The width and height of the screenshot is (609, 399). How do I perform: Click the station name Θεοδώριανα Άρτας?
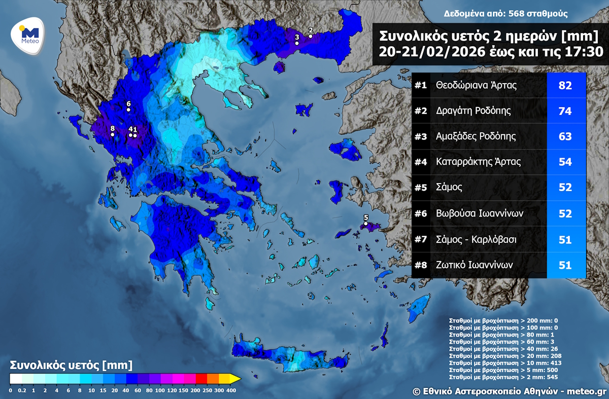click(476, 85)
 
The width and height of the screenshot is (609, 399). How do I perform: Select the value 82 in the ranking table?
click(565, 85)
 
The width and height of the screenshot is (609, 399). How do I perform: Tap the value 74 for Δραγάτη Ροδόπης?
click(565, 111)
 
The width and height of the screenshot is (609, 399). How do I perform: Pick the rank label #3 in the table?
click(420, 136)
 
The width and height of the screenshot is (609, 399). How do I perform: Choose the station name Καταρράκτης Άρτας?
click(478, 162)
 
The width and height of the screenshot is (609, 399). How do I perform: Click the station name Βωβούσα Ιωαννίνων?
click(479, 213)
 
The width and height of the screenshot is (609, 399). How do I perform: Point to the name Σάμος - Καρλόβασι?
click(476, 239)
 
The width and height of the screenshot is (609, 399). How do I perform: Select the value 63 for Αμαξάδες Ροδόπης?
click(565, 136)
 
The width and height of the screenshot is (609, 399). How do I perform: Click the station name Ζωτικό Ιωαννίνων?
click(475, 265)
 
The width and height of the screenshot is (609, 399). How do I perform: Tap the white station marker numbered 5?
click(365, 223)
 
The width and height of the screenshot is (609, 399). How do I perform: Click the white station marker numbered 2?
click(311, 35)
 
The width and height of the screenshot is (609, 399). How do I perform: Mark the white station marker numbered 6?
click(128, 110)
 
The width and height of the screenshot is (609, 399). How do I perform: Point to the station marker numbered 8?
click(112, 134)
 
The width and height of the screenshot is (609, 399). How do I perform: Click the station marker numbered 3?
click(297, 43)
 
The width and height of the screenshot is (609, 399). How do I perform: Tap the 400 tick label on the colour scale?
click(231, 390)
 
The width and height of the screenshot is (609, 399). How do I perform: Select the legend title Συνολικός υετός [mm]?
click(71, 365)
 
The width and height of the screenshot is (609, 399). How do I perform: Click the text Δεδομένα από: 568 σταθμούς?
click(505, 14)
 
